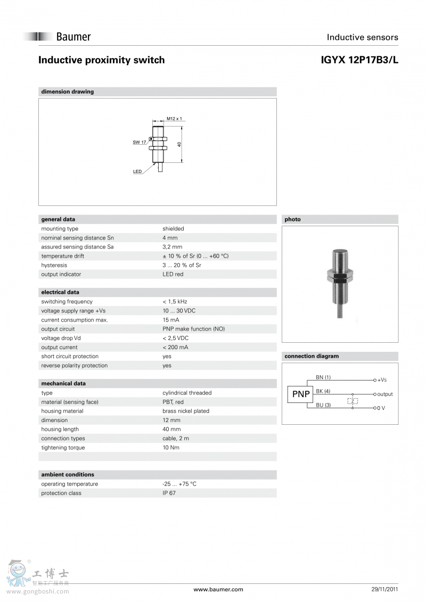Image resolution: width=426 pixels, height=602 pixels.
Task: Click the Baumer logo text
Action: click(73, 37)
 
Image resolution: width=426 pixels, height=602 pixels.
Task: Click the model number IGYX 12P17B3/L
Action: click(359, 60)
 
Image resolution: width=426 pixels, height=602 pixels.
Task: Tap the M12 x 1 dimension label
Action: click(174, 119)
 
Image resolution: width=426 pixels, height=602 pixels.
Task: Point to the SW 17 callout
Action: click(139, 142)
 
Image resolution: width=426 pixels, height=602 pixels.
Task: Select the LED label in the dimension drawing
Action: click(137, 171)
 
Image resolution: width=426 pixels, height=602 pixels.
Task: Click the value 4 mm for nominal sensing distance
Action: click(170, 238)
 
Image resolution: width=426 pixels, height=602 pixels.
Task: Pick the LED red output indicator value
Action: click(173, 274)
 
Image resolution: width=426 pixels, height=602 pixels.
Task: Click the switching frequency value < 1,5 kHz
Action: click(175, 302)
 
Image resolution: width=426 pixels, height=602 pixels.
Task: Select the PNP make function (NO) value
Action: click(193, 329)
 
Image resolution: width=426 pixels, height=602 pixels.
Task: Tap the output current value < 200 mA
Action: click(175, 347)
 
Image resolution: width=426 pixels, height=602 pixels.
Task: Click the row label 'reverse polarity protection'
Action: click(74, 366)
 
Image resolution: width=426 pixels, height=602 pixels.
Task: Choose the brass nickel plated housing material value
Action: click(186, 411)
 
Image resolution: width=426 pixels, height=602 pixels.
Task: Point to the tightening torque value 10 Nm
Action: click(171, 448)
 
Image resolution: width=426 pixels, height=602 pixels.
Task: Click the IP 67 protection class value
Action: click(169, 493)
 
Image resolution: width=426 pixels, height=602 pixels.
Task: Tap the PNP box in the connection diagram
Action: click(300, 394)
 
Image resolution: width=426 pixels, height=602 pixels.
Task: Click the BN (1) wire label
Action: click(323, 377)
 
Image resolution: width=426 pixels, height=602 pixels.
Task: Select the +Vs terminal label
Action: click(382, 380)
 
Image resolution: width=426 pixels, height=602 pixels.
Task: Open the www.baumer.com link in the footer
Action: click(218, 589)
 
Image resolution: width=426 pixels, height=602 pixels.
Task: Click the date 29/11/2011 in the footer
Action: click(384, 589)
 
